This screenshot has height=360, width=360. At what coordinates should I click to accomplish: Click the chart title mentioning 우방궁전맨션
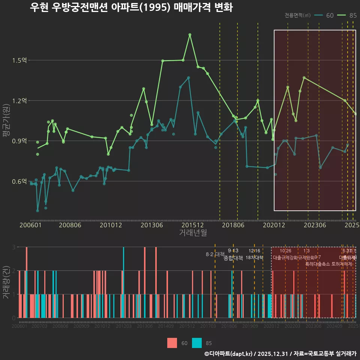pos(131,7)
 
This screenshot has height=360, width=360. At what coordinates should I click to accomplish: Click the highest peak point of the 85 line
pos(190,34)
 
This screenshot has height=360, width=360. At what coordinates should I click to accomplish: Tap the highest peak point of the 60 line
pos(189,78)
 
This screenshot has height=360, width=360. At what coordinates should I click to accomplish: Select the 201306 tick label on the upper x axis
pos(151,225)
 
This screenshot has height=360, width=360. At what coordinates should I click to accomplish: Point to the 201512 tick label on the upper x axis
pos(193,225)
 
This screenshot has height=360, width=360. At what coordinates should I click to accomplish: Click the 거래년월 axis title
pos(193,233)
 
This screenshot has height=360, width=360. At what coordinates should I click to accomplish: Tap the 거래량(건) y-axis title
pos(6,282)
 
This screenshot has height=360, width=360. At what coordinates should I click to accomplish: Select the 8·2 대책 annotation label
pos(215,254)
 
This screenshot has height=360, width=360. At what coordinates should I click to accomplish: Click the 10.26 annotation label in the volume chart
pos(285,251)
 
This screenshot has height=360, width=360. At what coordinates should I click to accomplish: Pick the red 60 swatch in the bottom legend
pos(172,343)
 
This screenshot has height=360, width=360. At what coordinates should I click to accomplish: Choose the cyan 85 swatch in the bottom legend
pos(197,343)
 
